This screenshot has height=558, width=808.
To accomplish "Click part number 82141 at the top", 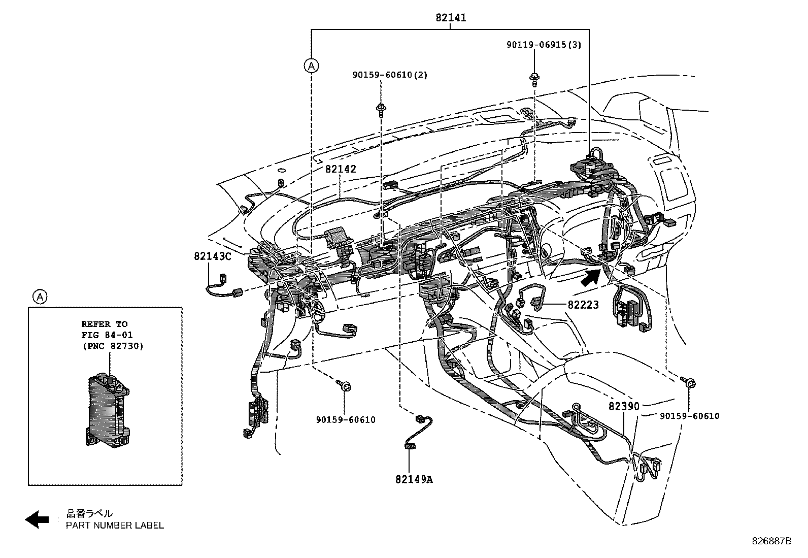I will click(451, 18).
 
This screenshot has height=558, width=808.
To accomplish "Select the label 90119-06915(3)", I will click(544, 45).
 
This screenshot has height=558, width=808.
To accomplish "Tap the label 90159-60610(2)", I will click(390, 75).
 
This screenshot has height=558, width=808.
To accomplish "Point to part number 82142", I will click(341, 169).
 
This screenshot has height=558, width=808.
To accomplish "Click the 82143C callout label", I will click(212, 256).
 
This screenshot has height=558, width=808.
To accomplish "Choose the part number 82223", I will click(583, 305).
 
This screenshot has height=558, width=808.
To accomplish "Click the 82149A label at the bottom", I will click(414, 479).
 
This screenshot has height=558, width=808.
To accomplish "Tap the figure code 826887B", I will click(771, 541).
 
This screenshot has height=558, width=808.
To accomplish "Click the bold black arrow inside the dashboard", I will click(590, 277).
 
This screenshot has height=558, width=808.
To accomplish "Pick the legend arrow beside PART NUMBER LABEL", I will click(37, 519).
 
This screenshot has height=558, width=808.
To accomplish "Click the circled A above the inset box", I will click(40, 297).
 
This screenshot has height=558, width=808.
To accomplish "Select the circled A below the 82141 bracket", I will click(311, 65).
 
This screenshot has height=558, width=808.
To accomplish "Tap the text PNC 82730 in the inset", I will click(112, 346).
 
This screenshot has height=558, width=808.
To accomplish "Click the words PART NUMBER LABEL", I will click(115, 525).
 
